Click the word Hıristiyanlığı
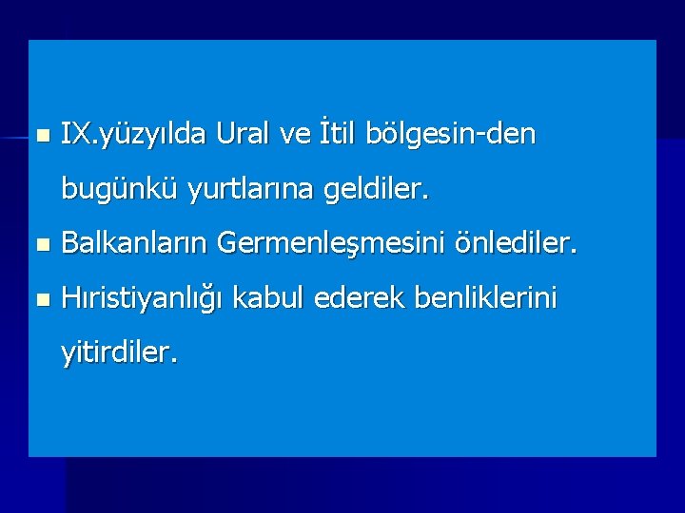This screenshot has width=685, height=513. (142, 301)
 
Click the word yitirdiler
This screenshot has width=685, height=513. (118, 354)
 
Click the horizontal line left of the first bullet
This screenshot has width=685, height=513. (13, 139)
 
